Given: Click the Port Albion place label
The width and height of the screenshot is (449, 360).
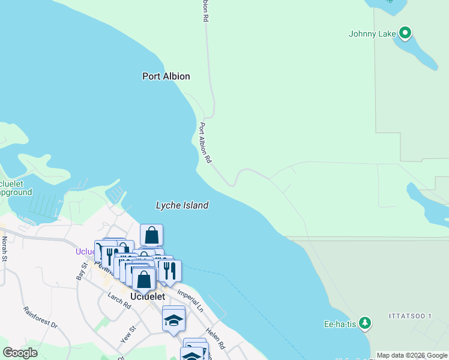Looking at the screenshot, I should [x=166, y=76].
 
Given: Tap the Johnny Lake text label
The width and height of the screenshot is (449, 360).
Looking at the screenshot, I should [x=372, y=34].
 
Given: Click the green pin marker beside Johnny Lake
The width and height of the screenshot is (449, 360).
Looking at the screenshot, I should [x=405, y=32].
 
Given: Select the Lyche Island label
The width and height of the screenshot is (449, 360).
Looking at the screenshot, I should [x=182, y=205].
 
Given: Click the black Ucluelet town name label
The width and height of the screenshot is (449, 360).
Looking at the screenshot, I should [x=148, y=296].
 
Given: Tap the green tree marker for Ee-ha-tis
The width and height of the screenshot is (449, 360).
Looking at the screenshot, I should [x=364, y=323].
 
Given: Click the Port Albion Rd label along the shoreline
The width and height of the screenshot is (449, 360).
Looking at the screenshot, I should [x=205, y=143].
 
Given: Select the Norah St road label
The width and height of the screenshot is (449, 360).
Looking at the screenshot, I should [x=5, y=248].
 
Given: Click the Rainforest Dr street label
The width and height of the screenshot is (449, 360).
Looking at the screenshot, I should [x=40, y=317].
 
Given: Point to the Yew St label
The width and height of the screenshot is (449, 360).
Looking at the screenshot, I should [x=128, y=334].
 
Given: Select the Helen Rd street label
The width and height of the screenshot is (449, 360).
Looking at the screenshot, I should [x=215, y=338].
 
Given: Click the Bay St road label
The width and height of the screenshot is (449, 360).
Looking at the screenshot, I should [x=82, y=270].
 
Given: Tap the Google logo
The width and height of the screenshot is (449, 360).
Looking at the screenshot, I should [x=20, y=353].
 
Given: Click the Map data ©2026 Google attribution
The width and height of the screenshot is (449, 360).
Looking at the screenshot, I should [x=412, y=355].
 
